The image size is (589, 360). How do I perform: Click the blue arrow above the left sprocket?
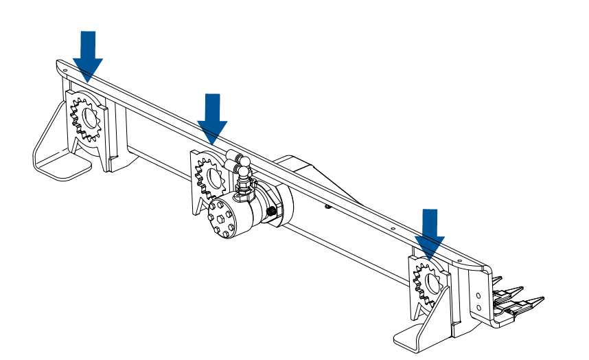pyautogui.click(x=88, y=55)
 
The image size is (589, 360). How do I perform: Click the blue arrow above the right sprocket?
pyautogui.click(x=430, y=234)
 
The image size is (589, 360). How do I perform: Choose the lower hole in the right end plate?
pyautogui.click(x=478, y=306)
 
